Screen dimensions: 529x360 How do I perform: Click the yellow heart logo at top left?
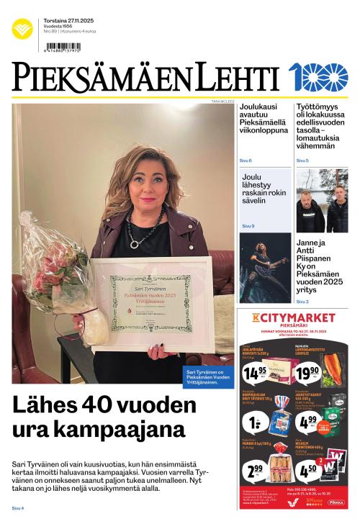click(22, 30)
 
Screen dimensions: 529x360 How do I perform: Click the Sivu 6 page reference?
click(246, 160)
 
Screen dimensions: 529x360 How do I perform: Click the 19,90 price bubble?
click(309, 371)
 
